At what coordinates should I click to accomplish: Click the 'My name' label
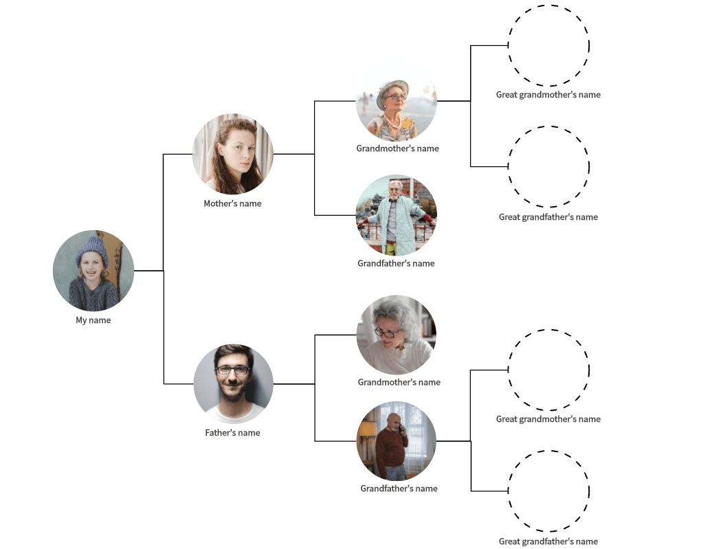point(93,320)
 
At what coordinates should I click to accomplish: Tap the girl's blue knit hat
point(92,247)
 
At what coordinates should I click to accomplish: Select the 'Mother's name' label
point(232,203)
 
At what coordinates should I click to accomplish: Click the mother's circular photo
point(233,154)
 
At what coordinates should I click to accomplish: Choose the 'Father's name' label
point(232,433)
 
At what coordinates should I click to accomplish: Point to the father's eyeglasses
point(232,370)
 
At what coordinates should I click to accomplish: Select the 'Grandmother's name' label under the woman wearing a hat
point(397,148)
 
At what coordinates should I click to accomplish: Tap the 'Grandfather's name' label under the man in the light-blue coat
point(396,263)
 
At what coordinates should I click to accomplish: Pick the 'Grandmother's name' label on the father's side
point(399,382)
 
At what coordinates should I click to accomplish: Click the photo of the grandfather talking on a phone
point(397,441)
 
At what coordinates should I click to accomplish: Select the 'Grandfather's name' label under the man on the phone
point(399,489)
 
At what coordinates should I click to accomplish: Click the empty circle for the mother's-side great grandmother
point(548,45)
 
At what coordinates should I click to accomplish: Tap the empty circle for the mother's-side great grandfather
point(548,166)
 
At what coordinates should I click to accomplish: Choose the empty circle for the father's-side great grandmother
point(548,370)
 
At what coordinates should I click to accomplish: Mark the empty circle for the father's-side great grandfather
point(548,491)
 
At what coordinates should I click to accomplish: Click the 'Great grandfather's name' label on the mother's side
point(548,217)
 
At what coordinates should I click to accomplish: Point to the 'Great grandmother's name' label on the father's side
point(548,419)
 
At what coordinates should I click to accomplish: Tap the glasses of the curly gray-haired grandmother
point(388,333)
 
